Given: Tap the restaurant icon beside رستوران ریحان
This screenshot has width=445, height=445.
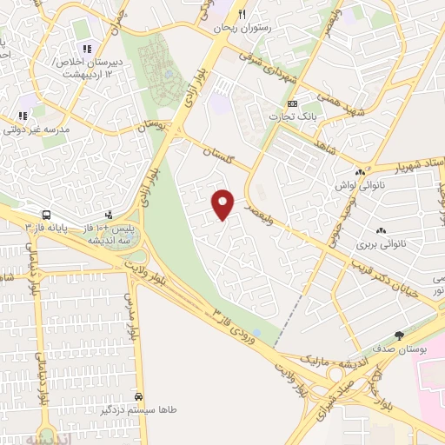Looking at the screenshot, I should click(x=242, y=14).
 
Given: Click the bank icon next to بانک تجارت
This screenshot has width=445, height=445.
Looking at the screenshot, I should click(x=292, y=104).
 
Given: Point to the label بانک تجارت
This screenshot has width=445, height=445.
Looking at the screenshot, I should click(x=291, y=116).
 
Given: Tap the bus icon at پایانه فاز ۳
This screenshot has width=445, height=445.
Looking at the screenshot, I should click(x=44, y=215).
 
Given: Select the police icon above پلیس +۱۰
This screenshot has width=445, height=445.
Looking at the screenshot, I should click(x=109, y=214).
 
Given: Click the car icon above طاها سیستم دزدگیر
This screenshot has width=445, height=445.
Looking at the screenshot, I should click(x=152, y=395).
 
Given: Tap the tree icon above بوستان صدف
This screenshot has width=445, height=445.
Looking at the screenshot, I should click(x=400, y=335).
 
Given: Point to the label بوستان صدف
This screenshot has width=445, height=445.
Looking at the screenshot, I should click(x=400, y=349).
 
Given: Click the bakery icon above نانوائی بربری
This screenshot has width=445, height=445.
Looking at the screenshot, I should click(x=380, y=230).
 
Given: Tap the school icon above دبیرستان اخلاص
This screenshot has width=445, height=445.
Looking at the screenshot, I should click(x=85, y=49).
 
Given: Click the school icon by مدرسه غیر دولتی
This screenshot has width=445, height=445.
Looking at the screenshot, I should click(x=23, y=116).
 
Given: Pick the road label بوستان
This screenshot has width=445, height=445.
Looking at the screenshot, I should click(x=153, y=128).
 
